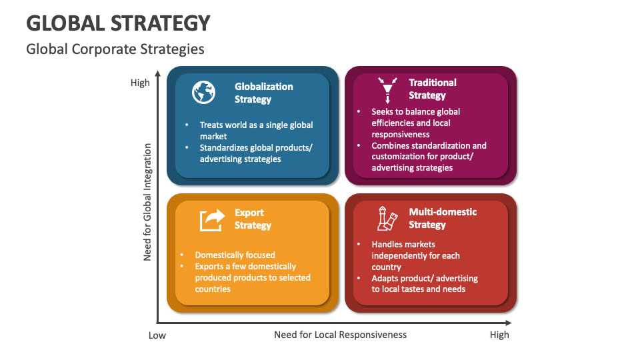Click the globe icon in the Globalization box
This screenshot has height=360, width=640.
click(203, 92)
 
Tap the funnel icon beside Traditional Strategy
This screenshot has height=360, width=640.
click(387, 89)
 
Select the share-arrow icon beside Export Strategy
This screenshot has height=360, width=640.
click(213, 219)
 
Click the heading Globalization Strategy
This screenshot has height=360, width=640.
click(263, 93)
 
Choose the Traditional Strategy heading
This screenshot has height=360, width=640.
click(432, 89)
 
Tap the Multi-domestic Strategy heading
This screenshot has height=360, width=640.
click(442, 218)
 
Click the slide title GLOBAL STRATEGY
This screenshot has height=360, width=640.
click(118, 23)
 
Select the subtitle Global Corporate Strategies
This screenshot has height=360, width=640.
click(115, 49)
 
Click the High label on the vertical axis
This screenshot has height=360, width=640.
click(140, 83)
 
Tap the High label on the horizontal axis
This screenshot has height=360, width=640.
click(499, 335)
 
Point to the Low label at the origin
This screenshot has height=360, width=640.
click(157, 335)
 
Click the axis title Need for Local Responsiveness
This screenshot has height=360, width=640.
click(340, 335)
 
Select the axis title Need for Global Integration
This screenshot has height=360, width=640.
click(148, 201)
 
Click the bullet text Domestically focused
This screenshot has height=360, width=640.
click(235, 255)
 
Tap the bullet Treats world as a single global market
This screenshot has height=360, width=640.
click(256, 130)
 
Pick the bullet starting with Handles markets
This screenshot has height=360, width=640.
click(415, 255)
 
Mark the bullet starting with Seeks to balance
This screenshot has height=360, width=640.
click(415, 123)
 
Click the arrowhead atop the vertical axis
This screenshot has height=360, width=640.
click(158, 73)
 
